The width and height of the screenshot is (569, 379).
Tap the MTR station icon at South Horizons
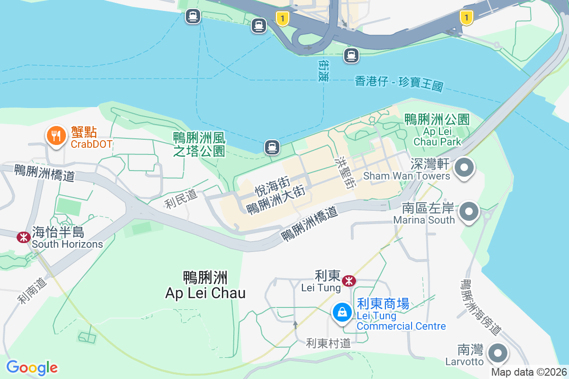(23, 237)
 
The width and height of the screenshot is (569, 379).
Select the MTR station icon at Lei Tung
(349, 281)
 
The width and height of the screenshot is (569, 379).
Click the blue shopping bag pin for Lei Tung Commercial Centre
(341, 312)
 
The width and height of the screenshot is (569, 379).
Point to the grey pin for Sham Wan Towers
(464, 168)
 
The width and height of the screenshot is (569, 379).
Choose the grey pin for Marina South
(469, 211)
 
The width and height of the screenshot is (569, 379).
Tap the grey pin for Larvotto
(498, 353)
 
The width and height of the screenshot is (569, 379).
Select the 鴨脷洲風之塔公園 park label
(199, 144)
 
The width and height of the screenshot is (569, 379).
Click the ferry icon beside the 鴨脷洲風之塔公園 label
(271, 147)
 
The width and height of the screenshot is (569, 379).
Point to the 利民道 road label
(181, 199)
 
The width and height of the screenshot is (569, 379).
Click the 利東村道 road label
(328, 343)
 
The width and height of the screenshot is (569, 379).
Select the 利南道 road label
(33, 290)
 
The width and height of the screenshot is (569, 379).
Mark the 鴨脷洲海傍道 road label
(481, 308)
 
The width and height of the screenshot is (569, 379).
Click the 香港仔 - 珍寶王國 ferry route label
(399, 83)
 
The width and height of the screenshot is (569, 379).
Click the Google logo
(32, 368)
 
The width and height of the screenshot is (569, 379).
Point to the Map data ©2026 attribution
(529, 372)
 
